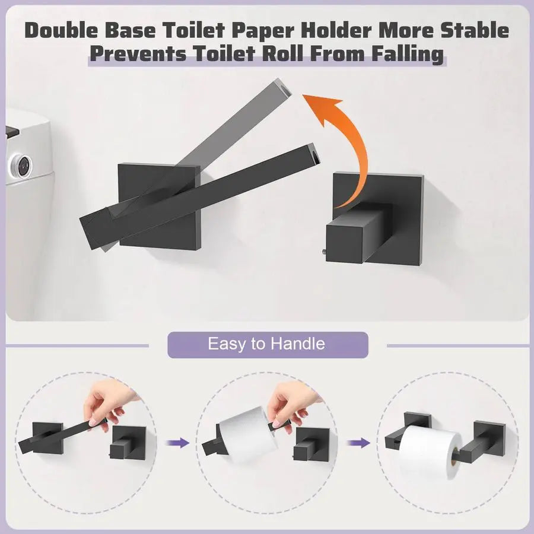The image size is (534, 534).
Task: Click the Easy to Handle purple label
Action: [267, 344]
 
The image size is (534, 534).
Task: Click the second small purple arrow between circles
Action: [357, 443]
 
